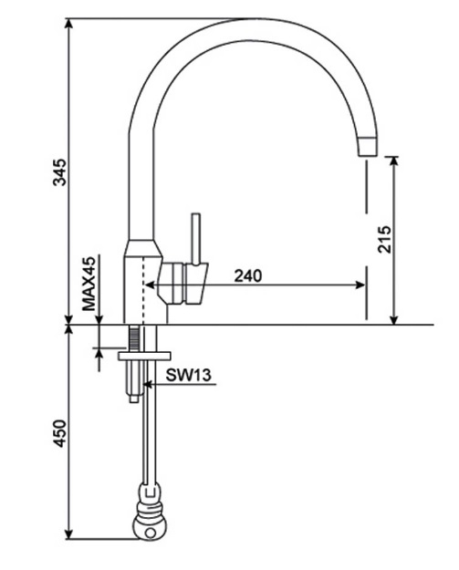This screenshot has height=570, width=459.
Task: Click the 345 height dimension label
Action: click(x=59, y=171)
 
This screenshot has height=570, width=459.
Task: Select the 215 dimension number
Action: click(x=384, y=239)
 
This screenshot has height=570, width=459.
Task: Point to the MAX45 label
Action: click(x=89, y=284)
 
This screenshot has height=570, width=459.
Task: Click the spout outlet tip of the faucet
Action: click(x=366, y=147)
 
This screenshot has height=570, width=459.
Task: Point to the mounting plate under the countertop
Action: click(x=144, y=354)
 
